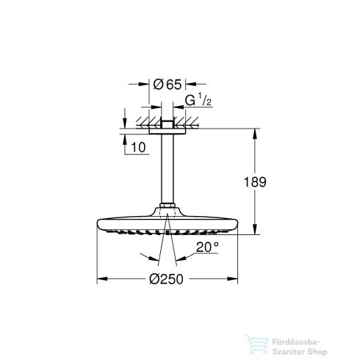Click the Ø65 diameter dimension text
pyautogui.click(x=169, y=84)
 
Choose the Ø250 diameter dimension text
pyautogui.click(x=170, y=280)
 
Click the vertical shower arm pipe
pyautogui.click(x=168, y=168)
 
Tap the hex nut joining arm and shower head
pyautogui.click(x=168, y=206)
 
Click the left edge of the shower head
pyautogui.click(x=98, y=224)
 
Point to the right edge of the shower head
pyautogui.click(x=239, y=224)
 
